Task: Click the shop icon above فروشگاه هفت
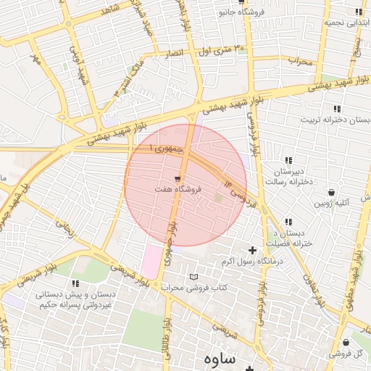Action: [x=178, y=178]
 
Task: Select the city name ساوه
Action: [x=220, y=358]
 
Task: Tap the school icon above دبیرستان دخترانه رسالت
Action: [x=288, y=160]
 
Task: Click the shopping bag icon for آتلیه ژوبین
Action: [x=331, y=193]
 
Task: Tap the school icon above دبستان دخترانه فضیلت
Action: [x=288, y=222]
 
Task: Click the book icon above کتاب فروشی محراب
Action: [x=193, y=277]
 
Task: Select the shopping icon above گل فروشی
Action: [x=346, y=343]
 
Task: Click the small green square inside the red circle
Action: [x=218, y=197]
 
